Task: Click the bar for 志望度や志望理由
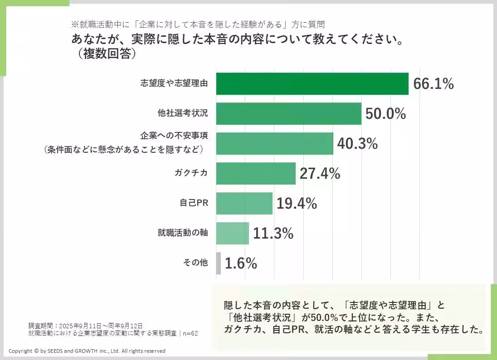coord(312,84)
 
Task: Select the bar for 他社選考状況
coord(288,114)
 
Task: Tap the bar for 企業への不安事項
coord(274,144)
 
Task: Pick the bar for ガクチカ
coord(256,174)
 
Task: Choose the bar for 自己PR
coord(244,204)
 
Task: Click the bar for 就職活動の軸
coord(232,234)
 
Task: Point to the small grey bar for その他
coord(219,263)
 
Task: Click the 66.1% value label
coord(434,84)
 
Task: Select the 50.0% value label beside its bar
coord(385,114)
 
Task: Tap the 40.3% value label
coord(357,144)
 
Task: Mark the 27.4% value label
coord(320,174)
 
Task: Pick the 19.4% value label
coord(297,204)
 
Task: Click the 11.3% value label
coord(273,234)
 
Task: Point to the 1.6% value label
coord(241,263)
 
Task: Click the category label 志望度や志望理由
coord(174,83)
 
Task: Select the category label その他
coord(195,263)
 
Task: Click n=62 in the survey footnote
coord(190,333)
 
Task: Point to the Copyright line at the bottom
coord(87,351)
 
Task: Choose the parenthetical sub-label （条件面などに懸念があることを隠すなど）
coord(123,149)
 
